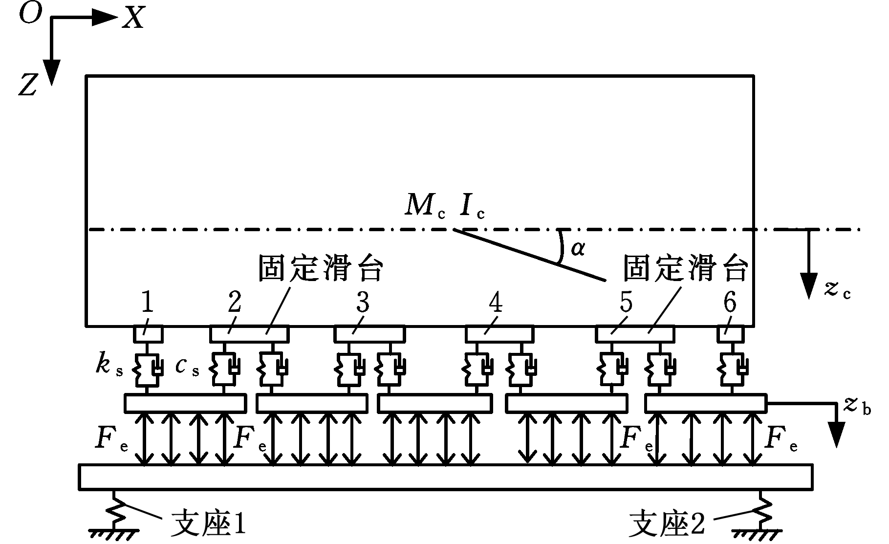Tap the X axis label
[133, 19]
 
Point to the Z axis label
[28, 86]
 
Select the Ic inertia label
[471, 207]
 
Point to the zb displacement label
[857, 405]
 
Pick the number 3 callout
[362, 303]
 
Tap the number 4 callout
[495, 303]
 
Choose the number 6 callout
[729, 303]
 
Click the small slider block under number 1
[148, 334]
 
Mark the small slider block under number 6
[730, 334]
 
